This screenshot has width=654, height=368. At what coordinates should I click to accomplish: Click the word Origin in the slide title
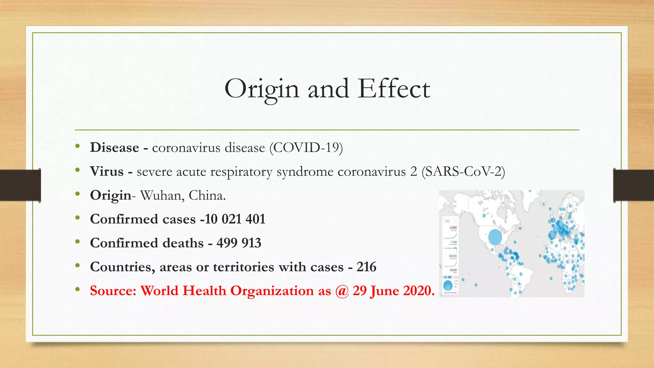262,89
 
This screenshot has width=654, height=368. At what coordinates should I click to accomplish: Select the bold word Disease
114,148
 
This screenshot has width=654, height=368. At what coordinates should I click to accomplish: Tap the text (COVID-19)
306,148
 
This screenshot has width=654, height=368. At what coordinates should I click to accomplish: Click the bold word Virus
107,172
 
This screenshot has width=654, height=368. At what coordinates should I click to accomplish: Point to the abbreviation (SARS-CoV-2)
463,172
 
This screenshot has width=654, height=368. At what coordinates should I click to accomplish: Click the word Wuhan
161,195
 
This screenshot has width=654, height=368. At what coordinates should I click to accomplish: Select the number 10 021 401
235,219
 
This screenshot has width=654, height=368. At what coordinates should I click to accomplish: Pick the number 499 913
239,243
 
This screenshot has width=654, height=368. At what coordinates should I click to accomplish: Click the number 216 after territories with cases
366,267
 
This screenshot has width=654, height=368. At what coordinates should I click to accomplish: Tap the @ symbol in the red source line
342,291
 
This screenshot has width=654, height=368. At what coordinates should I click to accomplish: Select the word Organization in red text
272,291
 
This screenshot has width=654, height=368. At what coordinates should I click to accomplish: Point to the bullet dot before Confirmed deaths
78,242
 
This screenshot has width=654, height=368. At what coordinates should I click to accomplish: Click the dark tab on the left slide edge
20,185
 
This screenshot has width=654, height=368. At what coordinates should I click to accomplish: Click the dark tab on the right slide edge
634,185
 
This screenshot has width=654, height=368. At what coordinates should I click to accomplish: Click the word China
207,195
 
